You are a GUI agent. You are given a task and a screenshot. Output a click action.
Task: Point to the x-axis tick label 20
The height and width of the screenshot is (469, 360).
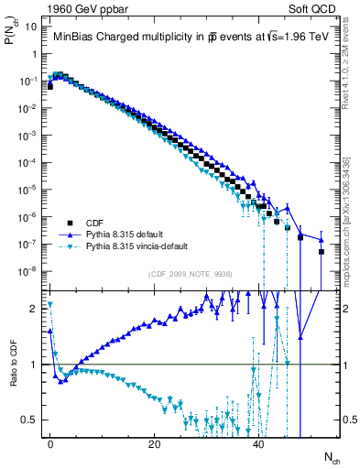155,444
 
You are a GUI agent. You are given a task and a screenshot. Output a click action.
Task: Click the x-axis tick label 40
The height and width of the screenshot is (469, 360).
259,444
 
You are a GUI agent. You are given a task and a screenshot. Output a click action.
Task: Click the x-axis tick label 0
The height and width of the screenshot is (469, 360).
50,444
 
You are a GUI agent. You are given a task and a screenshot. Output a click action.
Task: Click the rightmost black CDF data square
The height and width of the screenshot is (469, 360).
322,252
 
